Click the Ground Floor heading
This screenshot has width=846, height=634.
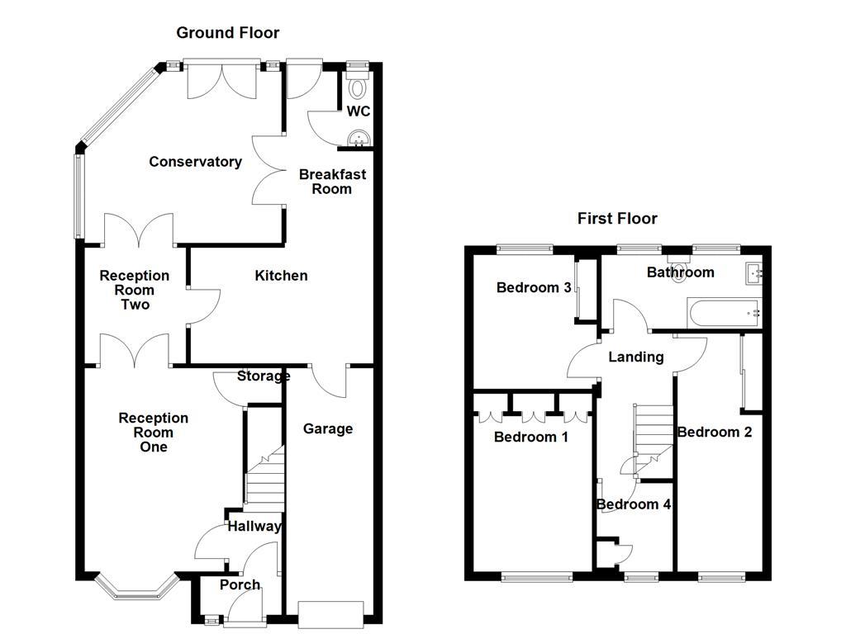click(x=227, y=33)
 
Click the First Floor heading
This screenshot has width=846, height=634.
click(x=617, y=219)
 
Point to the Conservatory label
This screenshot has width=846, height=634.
click(x=195, y=162)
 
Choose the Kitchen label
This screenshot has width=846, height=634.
click(x=281, y=276)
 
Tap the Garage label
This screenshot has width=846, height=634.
click(x=327, y=428)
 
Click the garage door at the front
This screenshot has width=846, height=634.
click(x=330, y=613)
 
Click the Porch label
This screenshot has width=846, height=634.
click(x=240, y=585)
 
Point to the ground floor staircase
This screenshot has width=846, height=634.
click(x=264, y=483)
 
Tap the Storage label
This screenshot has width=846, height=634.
click(x=264, y=376)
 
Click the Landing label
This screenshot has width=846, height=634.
click(x=635, y=357)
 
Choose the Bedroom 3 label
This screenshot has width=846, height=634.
click(x=534, y=288)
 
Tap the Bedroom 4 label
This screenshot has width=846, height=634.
click(x=633, y=504)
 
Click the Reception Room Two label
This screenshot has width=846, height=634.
click(x=135, y=290)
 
